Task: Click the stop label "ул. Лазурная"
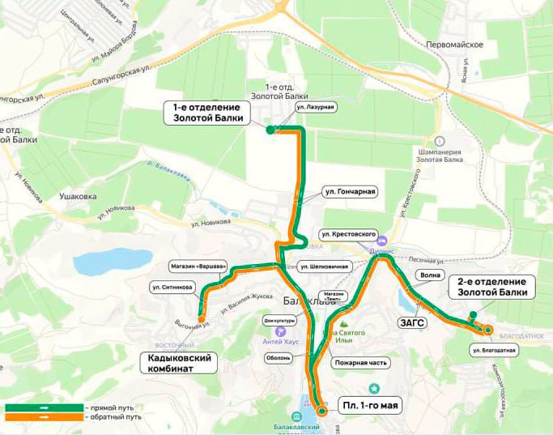coord(315,107)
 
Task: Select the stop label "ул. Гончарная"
coord(349,192)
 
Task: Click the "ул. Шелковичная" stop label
coord(324,266)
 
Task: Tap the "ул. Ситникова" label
coord(172,286)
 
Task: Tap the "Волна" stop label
coord(431,275)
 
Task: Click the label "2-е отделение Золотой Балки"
coord(492,286)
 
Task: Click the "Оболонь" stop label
coord(278,357)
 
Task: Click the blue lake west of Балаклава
coord(113,262)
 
